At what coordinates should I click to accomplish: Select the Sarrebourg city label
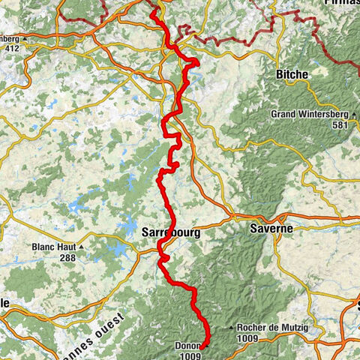pos(170,232)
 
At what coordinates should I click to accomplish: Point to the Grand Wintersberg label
pos(309,114)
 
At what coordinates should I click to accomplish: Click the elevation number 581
pos(341,124)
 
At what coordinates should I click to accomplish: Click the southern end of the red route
pos(200,347)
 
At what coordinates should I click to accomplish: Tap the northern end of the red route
pos(152,11)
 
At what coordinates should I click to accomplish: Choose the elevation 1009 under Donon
pos(192,356)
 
